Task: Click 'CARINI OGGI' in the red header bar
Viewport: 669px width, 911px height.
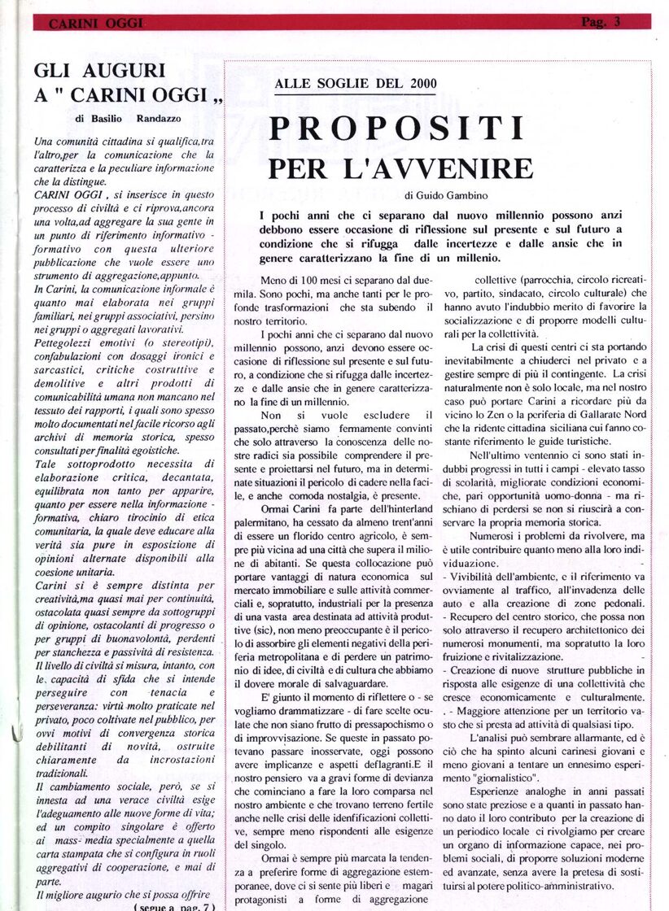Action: pos(95,24)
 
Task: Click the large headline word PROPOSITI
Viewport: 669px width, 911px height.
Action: pos(396,129)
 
